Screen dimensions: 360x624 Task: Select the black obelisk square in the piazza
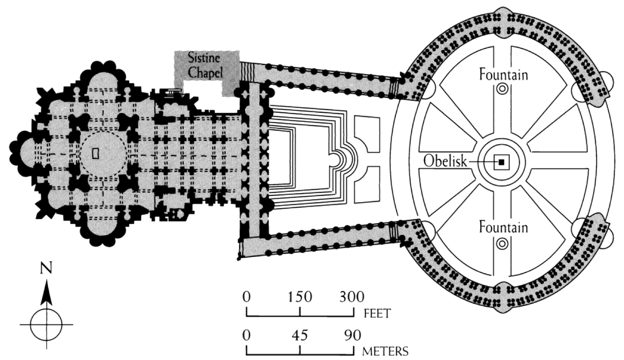(x=501, y=162)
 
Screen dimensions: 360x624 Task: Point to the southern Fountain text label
(x=503, y=227)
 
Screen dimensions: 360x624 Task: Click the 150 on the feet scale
(x=300, y=296)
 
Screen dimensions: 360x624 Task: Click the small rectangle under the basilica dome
(x=96, y=153)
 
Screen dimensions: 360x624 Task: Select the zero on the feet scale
(x=246, y=296)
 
